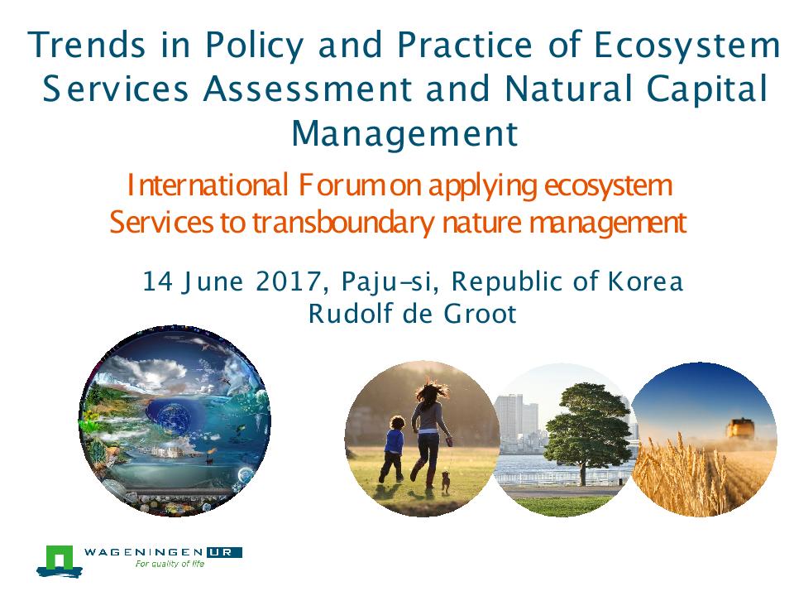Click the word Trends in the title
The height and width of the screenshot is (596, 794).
[87, 44]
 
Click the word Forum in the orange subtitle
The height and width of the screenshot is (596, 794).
[342, 185]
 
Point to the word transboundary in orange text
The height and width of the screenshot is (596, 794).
[342, 223]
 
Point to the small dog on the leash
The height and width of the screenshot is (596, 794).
[445, 481]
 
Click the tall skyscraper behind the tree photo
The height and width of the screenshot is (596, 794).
[509, 421]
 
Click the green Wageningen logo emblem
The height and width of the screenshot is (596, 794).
[60, 561]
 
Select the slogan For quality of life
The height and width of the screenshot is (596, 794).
[170, 564]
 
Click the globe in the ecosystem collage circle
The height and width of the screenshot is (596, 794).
[175, 418]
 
